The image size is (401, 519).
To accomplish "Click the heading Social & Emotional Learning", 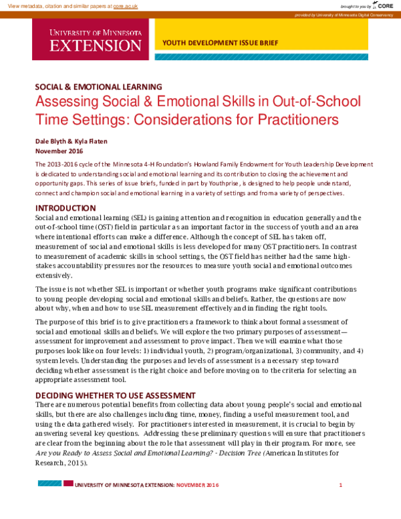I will pyautogui.click(x=98, y=87).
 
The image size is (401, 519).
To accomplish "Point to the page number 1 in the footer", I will pyautogui.click(x=341, y=485).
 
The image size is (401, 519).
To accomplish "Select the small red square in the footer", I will pyautogui.click(x=69, y=483).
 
